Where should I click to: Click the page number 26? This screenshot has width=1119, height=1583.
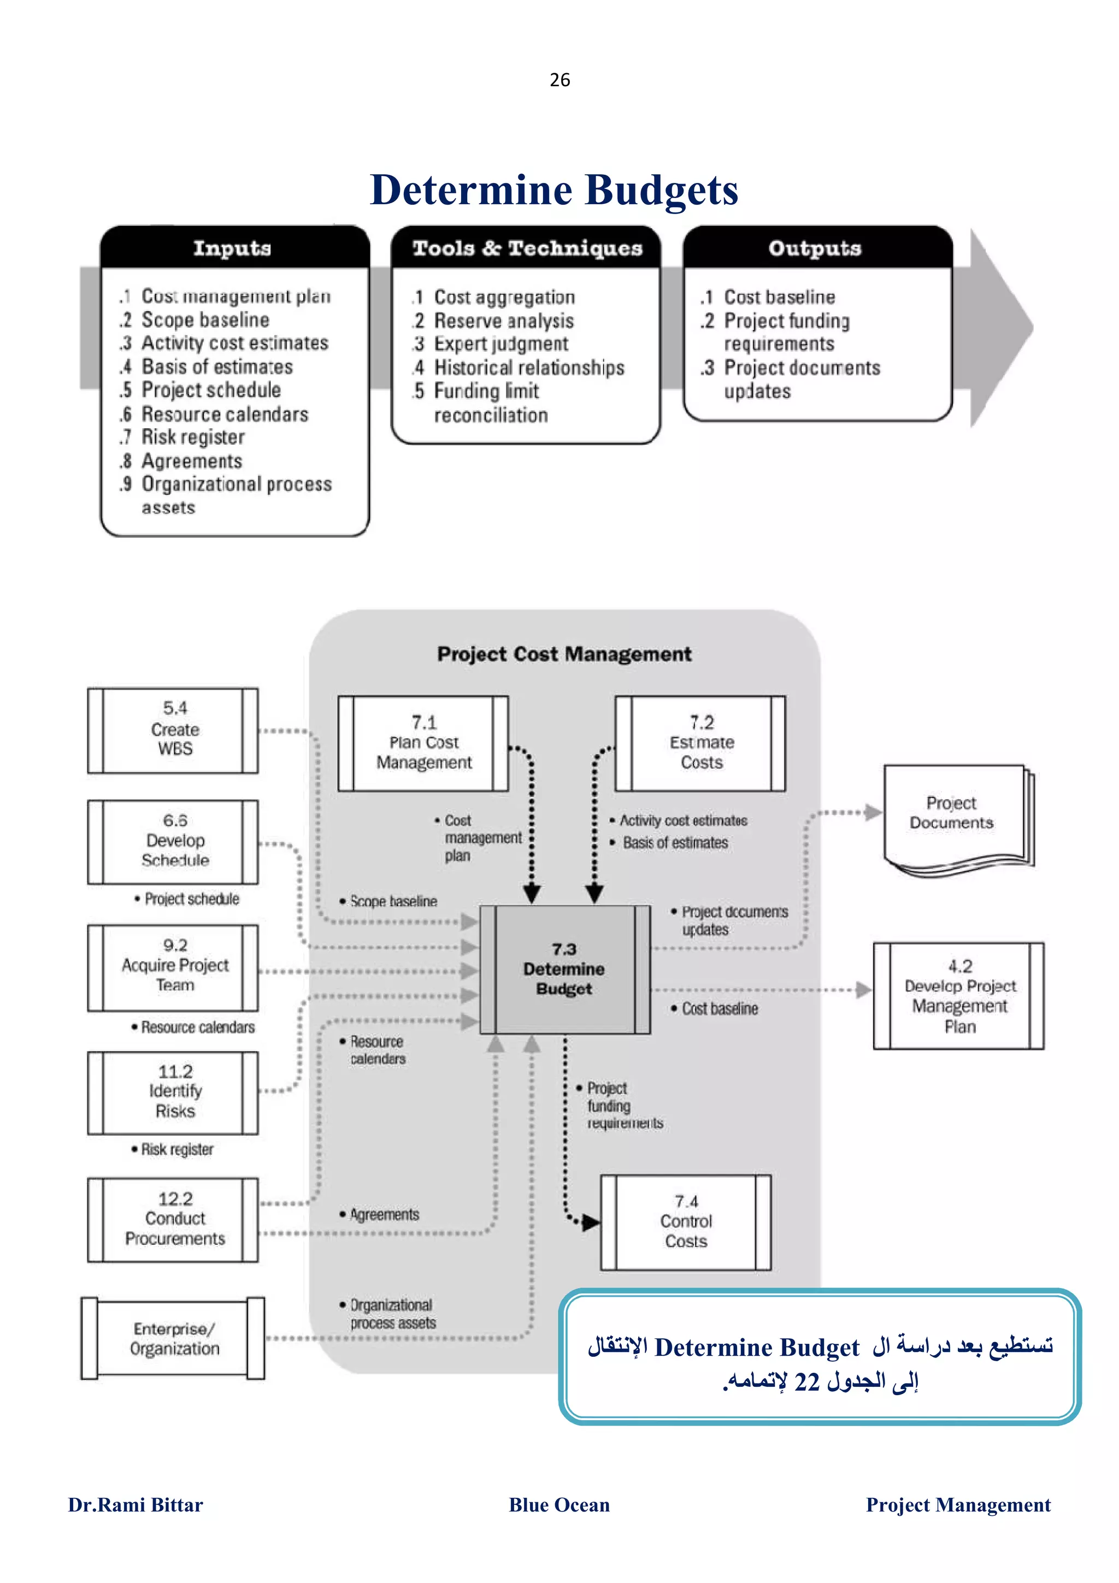click(559, 80)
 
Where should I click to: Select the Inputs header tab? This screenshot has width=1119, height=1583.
click(232, 248)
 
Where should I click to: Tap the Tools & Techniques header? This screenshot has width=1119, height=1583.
click(527, 248)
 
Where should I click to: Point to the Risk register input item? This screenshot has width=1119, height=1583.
click(192, 437)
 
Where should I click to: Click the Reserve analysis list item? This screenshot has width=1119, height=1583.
click(503, 321)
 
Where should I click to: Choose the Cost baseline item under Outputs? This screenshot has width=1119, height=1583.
click(779, 297)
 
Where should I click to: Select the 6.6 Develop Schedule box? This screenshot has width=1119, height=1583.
click(173, 841)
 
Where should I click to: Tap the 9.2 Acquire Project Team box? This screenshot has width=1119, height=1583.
click(173, 967)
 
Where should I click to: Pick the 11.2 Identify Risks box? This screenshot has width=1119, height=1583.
click(173, 1092)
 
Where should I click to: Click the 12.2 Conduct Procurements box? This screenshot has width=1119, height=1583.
click(173, 1219)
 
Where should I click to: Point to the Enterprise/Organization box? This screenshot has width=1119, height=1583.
click(173, 1338)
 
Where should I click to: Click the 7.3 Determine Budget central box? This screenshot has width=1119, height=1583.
click(564, 968)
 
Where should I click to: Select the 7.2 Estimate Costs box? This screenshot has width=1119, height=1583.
click(700, 742)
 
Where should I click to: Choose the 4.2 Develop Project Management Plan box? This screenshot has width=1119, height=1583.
click(958, 996)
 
